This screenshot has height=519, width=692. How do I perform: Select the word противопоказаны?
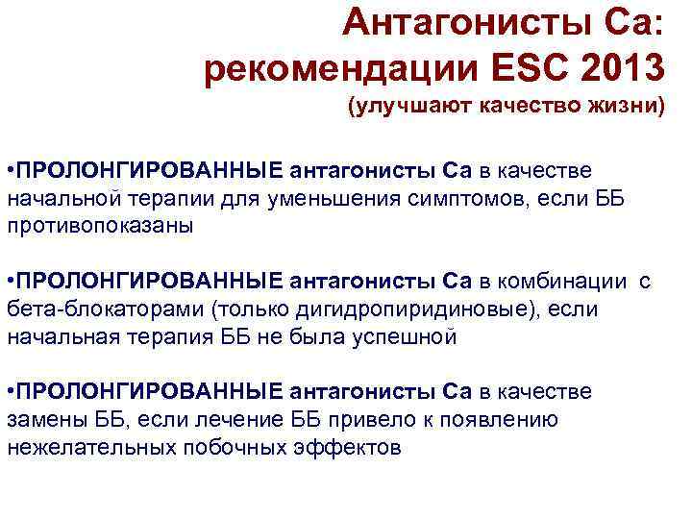tap(100, 227)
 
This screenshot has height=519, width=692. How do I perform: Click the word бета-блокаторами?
tap(105, 309)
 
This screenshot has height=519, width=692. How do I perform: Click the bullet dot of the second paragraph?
tap(10, 283)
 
